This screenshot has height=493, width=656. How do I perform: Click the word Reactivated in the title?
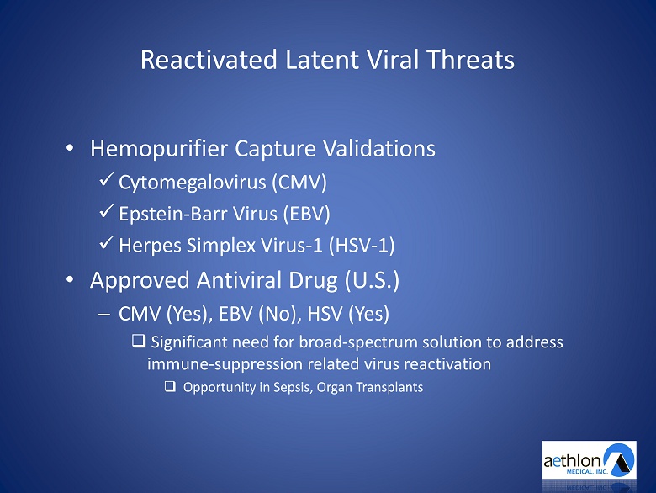click(x=209, y=60)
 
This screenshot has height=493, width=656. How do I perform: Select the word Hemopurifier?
click(x=159, y=149)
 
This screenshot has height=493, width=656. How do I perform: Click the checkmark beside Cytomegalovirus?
click(x=107, y=180)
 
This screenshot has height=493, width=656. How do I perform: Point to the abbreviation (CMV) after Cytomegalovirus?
click(x=299, y=183)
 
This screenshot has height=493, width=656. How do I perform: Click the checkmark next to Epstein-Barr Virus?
click(x=107, y=211)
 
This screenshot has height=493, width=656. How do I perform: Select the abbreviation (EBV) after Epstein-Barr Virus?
click(x=307, y=214)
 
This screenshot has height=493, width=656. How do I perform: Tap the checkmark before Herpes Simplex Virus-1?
click(x=107, y=243)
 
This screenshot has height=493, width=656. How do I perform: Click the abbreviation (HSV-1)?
click(x=362, y=246)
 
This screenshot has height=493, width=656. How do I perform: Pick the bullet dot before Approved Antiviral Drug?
click(x=70, y=279)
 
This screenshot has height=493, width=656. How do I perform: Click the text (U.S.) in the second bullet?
click(x=372, y=280)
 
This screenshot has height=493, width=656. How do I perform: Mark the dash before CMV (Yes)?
click(x=103, y=315)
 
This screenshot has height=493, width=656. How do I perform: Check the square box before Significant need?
click(x=139, y=341)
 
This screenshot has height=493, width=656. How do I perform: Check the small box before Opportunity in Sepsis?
click(x=170, y=386)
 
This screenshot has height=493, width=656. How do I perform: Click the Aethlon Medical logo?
click(x=589, y=460)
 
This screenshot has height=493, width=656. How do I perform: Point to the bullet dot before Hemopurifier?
click(x=70, y=148)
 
